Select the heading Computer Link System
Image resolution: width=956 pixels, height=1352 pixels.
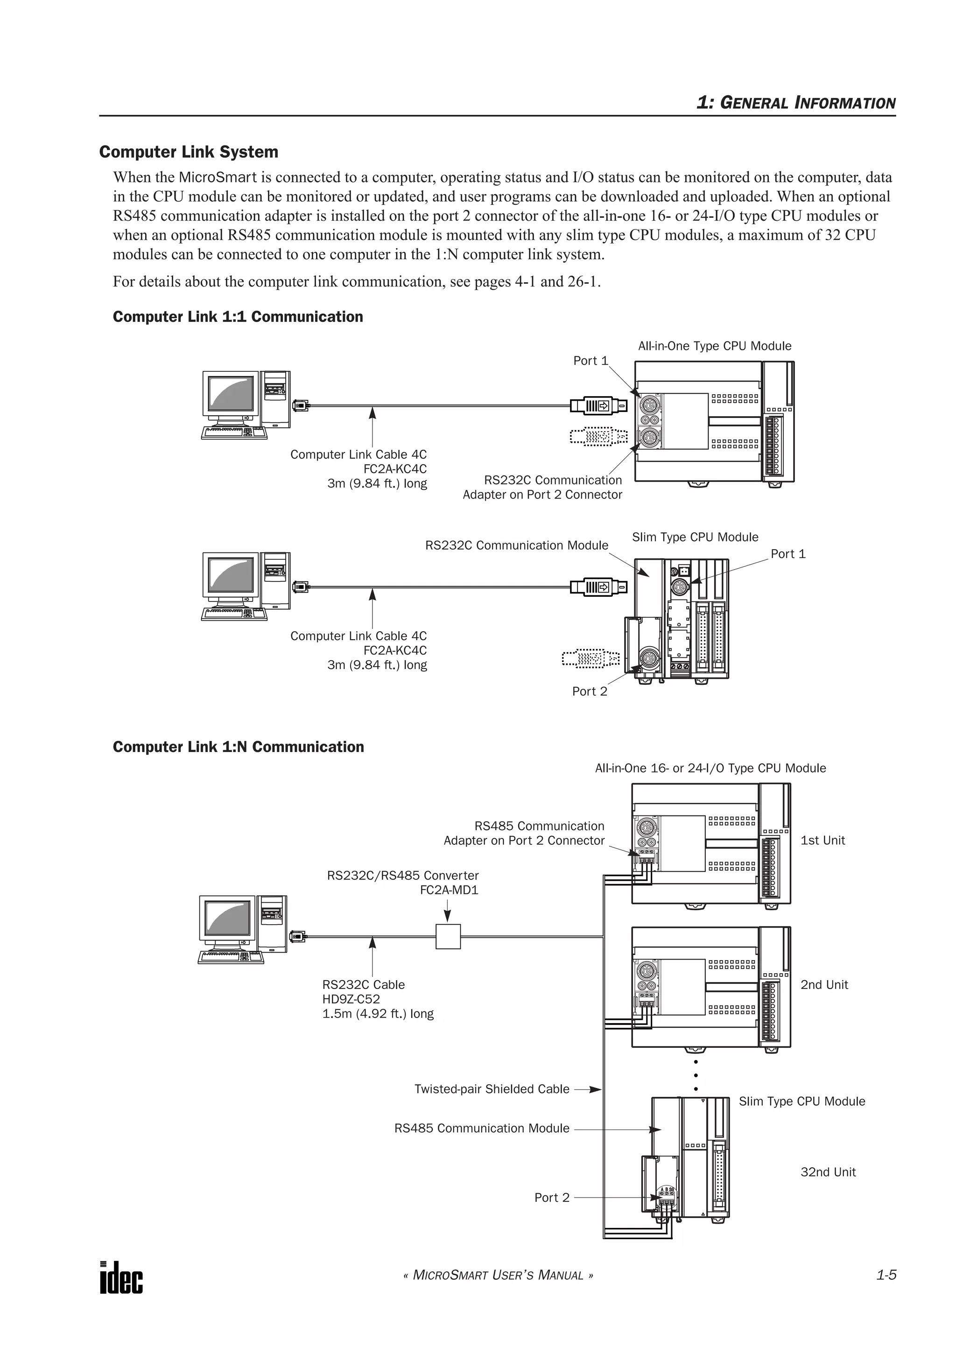(189, 152)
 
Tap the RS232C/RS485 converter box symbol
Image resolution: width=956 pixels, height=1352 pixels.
(448, 936)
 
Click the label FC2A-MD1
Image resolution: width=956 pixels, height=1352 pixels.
(449, 890)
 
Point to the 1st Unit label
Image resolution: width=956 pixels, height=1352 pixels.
(822, 840)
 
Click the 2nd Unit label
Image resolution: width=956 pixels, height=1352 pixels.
(824, 984)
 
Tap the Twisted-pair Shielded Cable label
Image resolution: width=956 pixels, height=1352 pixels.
(492, 1089)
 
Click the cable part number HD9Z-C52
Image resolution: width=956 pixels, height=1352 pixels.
(351, 999)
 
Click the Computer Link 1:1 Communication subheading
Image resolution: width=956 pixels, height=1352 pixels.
(238, 317)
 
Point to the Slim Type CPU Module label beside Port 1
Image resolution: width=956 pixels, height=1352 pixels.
(695, 537)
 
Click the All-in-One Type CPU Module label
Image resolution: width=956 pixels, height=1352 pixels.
(715, 346)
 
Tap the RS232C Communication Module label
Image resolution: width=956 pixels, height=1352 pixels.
(517, 545)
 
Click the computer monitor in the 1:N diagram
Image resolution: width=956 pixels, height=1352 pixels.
(228, 923)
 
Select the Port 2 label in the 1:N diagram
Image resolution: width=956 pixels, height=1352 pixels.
(552, 1197)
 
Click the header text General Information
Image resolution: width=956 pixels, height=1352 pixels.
(796, 103)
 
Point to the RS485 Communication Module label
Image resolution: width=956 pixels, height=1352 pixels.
(482, 1128)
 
